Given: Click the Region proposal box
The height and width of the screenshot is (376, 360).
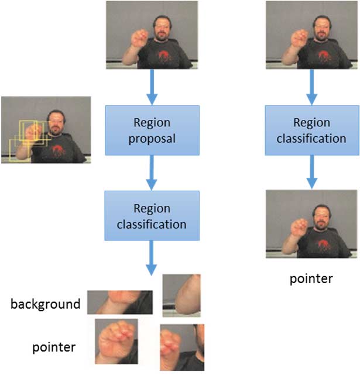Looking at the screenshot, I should tap(152, 131).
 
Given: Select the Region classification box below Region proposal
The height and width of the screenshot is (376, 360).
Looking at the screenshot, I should tap(152, 216).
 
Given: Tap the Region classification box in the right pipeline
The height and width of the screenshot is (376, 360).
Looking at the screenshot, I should tap(311, 131).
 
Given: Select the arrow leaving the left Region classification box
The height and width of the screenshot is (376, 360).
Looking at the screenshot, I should tap(152, 257).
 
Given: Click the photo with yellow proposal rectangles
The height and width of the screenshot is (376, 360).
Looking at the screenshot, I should tap(46, 129).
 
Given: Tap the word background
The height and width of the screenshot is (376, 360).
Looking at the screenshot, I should tap(44, 304).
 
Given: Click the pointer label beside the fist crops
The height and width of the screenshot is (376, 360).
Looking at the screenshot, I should tap(54, 347).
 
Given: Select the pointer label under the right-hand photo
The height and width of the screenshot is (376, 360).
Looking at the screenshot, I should tap(311, 278).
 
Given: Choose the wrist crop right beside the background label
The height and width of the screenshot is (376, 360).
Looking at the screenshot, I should tap(119, 302).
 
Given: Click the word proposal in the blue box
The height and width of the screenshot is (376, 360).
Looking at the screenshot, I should tap(152, 139).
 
